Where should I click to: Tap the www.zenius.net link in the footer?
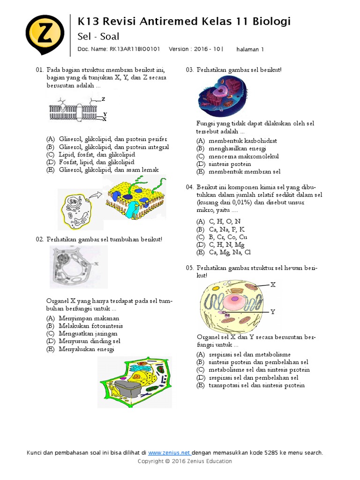(x=169, y=453)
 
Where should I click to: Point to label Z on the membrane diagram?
(x=103, y=99)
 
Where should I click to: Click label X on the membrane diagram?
(x=105, y=119)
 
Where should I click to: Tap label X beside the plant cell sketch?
(x=96, y=263)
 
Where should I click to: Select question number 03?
(x=189, y=70)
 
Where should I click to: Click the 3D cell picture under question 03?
(x=222, y=96)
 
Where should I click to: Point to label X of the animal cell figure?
(x=273, y=285)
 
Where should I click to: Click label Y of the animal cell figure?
(x=273, y=312)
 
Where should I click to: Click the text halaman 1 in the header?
(x=250, y=49)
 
